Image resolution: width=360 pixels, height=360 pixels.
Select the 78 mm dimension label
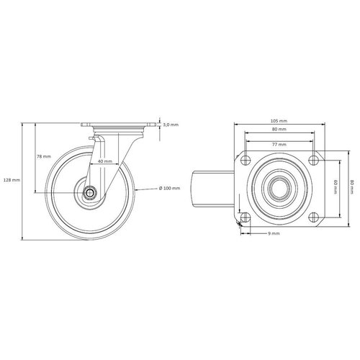click(x=44, y=156)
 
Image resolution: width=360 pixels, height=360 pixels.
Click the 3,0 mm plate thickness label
click(x=170, y=125)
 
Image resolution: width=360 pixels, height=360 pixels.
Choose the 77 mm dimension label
click(x=279, y=144)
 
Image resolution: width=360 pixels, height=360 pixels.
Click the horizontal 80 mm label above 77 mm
click(x=279, y=129)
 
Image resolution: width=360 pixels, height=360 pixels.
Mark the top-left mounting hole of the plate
click(x=246, y=160)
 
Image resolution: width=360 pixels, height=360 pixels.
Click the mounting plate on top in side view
click(x=119, y=126)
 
